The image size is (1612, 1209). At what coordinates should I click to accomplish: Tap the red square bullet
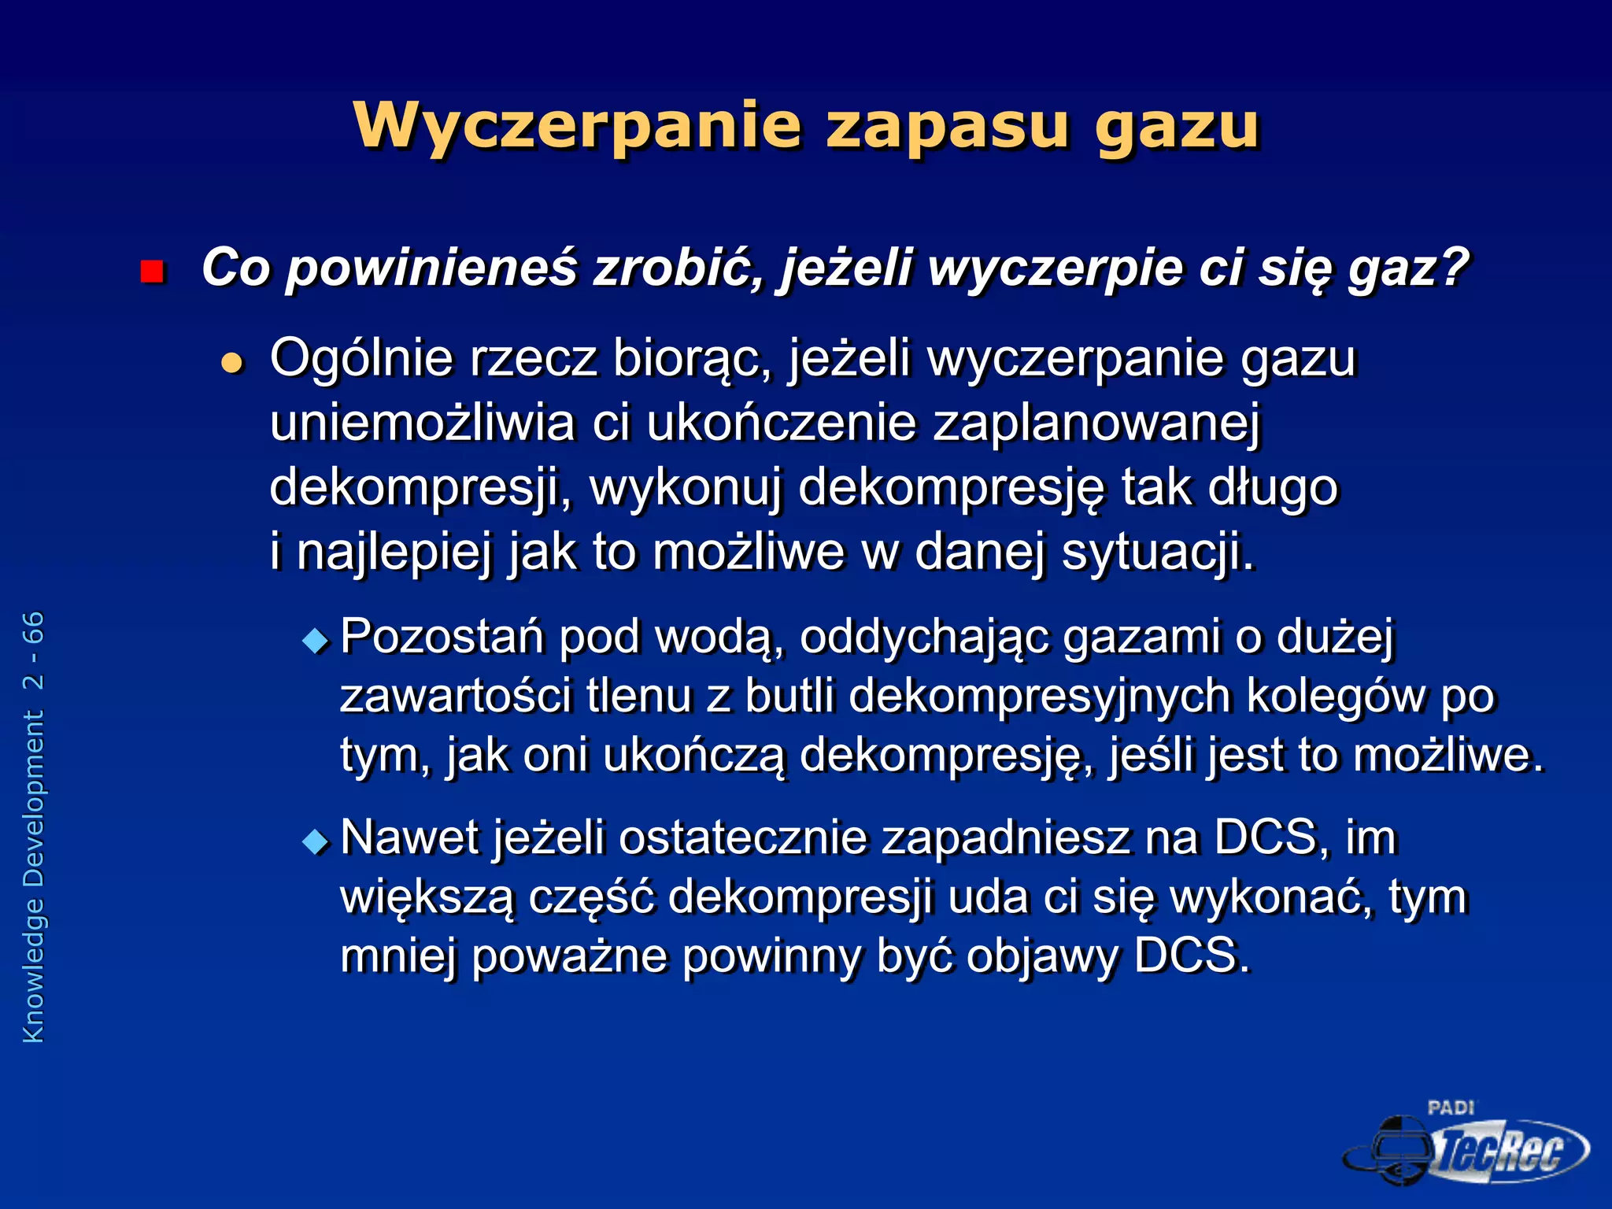151,272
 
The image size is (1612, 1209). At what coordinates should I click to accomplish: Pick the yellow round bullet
231,363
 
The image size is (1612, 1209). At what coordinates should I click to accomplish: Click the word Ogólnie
361,359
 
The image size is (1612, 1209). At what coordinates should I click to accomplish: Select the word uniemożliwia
422,423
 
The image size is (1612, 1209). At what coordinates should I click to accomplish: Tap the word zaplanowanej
1097,424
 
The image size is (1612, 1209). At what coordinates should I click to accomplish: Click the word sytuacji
1158,553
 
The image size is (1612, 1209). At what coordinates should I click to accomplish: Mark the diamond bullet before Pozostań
316,641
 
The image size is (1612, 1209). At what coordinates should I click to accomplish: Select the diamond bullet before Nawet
316,841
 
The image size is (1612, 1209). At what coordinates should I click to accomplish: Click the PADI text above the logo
1451,1107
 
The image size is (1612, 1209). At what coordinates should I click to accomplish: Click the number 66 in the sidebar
33,628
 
